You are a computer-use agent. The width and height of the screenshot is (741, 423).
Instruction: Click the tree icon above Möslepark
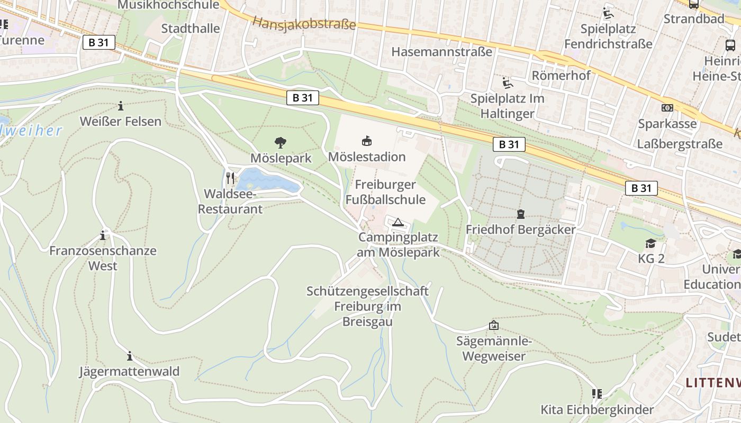(280, 142)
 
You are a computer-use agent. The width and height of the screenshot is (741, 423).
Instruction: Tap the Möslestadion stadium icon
(366, 141)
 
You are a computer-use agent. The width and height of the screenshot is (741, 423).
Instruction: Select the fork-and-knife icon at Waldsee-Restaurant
(230, 178)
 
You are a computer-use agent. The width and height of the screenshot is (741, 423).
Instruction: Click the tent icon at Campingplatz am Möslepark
(398, 222)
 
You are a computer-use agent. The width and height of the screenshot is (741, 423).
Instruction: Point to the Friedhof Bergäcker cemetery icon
(520, 214)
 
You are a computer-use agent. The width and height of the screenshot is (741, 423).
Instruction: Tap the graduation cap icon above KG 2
(650, 243)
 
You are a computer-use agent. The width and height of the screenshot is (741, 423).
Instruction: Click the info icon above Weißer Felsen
(121, 106)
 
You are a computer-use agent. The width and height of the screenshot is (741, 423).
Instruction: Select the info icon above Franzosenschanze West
(103, 235)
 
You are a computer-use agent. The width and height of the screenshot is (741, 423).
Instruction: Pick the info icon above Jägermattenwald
(129, 356)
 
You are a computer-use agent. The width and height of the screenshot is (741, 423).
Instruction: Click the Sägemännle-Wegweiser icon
(494, 325)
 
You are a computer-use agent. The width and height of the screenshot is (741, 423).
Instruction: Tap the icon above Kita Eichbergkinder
(597, 394)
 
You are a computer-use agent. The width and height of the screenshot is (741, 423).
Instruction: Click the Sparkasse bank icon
(667, 108)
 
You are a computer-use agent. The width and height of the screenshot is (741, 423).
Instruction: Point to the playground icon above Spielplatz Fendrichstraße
(608, 13)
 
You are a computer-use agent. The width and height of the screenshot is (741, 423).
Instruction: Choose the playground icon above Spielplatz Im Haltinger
(507, 82)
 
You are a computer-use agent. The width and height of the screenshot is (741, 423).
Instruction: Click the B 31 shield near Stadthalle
(99, 43)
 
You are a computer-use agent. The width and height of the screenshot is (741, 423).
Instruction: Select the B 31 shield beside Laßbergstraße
(641, 188)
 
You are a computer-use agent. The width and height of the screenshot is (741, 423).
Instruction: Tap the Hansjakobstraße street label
(304, 23)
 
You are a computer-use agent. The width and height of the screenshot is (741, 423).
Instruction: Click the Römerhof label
(561, 75)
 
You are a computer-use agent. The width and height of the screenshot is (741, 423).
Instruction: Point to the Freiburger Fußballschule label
(385, 192)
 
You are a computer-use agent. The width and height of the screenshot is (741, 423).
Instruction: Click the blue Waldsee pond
(267, 181)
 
